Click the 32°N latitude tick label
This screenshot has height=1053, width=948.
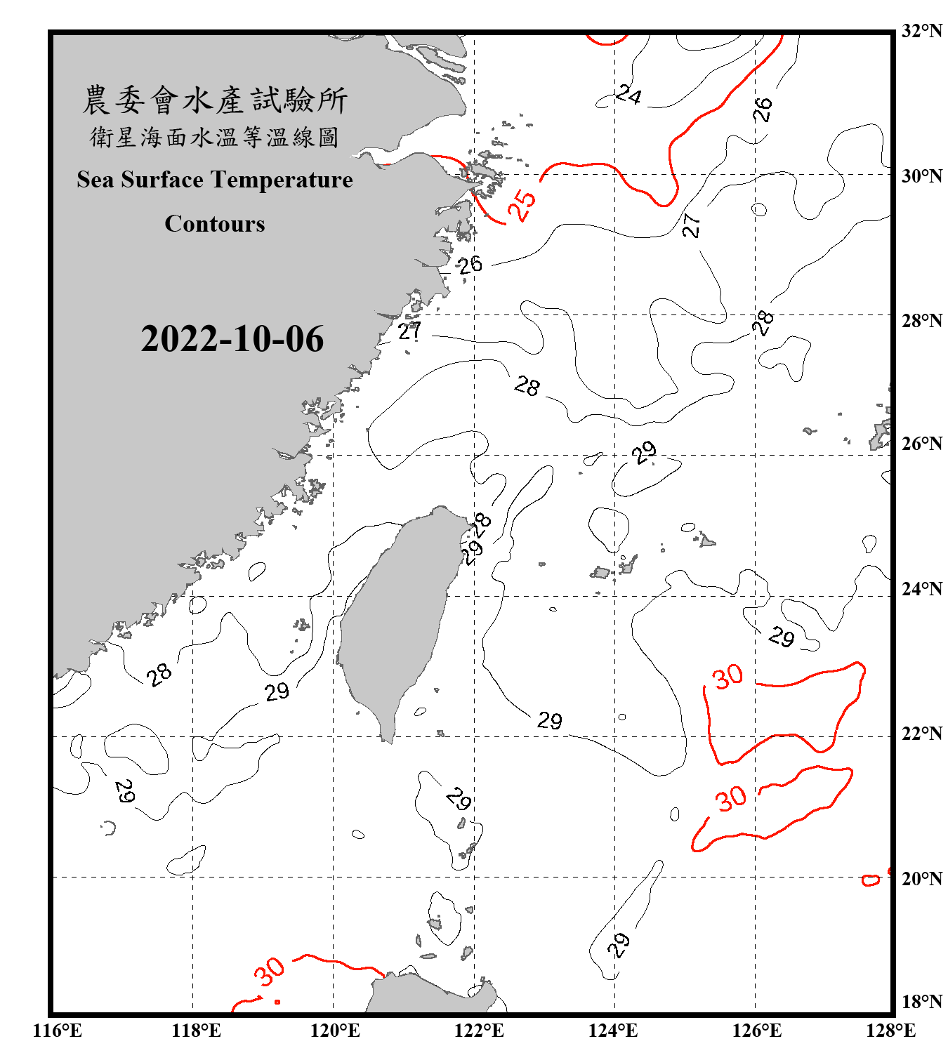[921, 31]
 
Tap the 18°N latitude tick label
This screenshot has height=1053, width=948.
[921, 1002]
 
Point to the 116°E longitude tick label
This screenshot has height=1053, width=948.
[58, 1031]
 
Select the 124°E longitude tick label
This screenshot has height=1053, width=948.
[613, 1031]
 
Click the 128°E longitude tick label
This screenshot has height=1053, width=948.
[890, 1031]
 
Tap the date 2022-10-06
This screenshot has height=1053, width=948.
[232, 339]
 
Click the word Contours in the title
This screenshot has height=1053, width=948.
[215, 224]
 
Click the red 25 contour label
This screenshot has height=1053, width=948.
[522, 205]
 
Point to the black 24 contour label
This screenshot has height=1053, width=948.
[628, 94]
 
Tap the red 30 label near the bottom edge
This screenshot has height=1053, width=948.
[270, 972]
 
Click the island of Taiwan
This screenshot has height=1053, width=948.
[397, 618]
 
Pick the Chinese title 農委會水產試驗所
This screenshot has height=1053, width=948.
[215, 100]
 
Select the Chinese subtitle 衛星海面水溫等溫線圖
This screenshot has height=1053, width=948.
[215, 137]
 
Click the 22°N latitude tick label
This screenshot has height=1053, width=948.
[921, 734]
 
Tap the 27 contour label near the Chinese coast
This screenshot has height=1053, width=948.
[409, 331]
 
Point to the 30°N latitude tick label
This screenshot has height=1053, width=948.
[921, 175]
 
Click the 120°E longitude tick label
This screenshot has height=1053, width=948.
[335, 1031]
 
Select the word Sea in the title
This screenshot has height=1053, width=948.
[96, 180]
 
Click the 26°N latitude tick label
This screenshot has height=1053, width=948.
[921, 444]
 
